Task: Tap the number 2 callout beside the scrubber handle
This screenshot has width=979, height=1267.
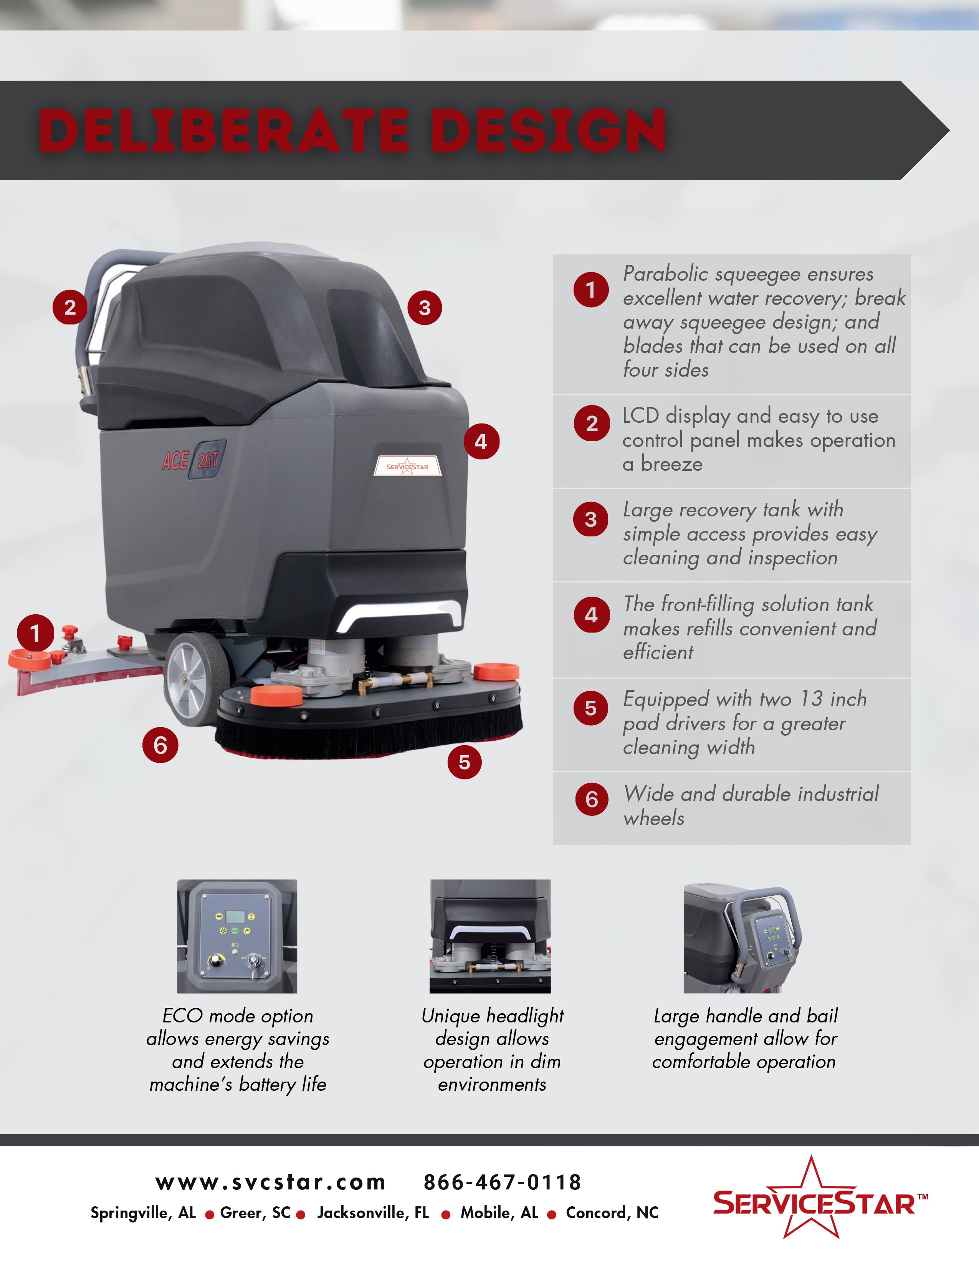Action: coord(70,308)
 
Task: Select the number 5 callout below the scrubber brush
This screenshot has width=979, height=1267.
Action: coord(465,762)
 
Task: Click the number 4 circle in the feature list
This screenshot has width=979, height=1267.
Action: coord(592,615)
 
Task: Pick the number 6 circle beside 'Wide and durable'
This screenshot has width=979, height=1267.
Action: coord(592,799)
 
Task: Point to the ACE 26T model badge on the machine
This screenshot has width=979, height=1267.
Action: coord(192,460)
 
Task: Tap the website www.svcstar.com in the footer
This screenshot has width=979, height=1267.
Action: coord(270,1182)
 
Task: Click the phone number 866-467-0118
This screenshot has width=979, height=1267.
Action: coord(502,1182)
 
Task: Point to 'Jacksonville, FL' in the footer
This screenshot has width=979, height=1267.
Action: coord(373,1213)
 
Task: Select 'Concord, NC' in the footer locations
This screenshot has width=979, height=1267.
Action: coord(612,1213)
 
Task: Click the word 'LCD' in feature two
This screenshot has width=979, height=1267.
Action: coord(640,416)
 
